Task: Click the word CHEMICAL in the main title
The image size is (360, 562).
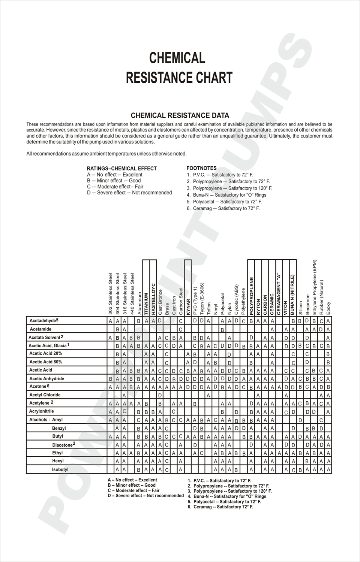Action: point(177,58)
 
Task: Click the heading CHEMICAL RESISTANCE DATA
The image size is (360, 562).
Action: point(180,115)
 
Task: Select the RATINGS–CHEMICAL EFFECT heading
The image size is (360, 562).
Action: point(122,169)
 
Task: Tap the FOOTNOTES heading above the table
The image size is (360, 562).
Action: point(201,169)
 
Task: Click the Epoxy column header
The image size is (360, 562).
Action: point(328,308)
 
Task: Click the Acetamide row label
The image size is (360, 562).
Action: point(40,329)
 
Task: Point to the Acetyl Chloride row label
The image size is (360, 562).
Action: point(45,395)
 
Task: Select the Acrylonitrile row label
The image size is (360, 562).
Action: point(41,411)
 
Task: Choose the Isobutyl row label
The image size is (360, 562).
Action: point(60,469)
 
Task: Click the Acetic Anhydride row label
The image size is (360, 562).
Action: point(46,379)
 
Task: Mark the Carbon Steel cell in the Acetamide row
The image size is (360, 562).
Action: point(180,329)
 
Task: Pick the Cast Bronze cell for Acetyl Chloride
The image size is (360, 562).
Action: point(160,395)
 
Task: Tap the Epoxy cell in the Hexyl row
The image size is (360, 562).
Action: point(328,461)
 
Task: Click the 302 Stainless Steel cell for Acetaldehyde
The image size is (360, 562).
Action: point(111,321)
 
